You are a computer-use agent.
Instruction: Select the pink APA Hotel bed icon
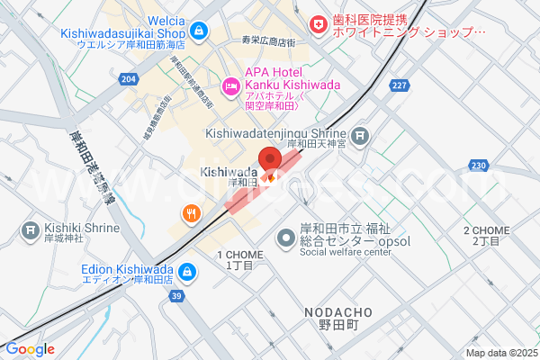point(229,86)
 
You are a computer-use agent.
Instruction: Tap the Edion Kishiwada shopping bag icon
point(186,270)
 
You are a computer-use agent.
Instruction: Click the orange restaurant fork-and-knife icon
point(191,213)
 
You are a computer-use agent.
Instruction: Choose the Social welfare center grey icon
point(286,238)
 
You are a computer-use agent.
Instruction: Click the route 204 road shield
point(130,80)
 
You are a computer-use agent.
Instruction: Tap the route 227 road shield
point(400,85)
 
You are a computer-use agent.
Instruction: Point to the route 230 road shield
point(478,166)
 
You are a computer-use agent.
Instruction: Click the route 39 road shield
point(176,296)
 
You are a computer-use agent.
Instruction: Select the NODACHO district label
point(337,311)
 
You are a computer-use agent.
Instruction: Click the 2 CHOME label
point(487,237)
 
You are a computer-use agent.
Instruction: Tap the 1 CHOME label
point(240,260)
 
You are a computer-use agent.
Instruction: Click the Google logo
point(30,349)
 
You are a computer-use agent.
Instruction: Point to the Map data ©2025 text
point(500,353)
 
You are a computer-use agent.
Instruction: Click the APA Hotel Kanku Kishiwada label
point(274,79)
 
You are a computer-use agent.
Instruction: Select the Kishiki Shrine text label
point(81,228)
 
